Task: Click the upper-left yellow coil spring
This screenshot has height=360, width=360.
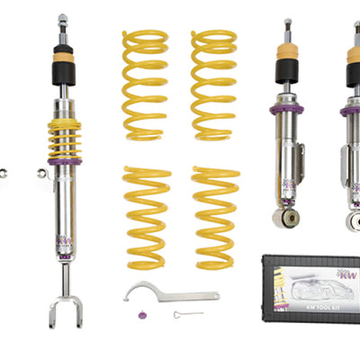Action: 145,85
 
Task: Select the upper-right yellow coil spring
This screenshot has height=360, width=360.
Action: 214,85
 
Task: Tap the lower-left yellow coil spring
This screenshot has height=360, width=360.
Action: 148,217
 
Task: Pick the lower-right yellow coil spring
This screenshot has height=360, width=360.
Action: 215,217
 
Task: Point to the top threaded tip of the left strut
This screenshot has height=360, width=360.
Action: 62,19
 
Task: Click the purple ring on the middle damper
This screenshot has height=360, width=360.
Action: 286,111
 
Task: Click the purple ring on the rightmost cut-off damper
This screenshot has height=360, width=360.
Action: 352,111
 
